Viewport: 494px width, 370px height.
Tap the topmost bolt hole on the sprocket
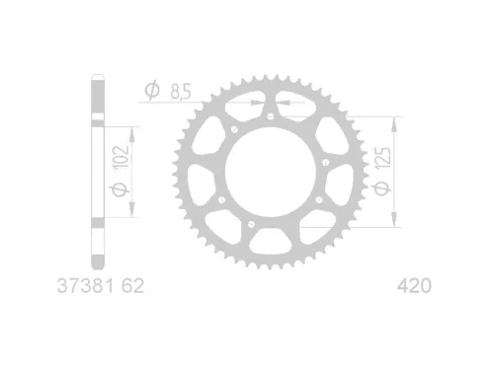pyautogui.click(x=270, y=116)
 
